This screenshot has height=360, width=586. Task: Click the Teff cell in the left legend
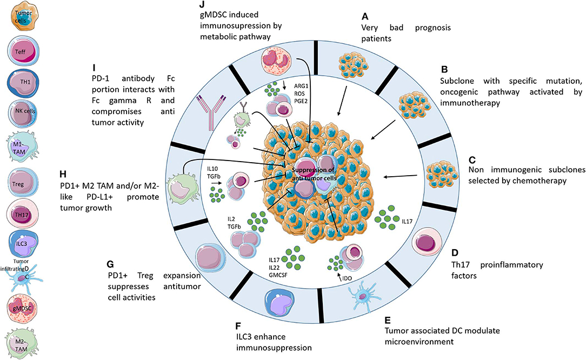click(x=23, y=51)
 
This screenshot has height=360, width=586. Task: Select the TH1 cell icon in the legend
click(x=23, y=81)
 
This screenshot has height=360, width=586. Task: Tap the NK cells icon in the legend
click(x=23, y=111)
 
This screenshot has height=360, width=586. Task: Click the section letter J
click(x=202, y=4)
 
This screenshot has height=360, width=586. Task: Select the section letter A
click(x=365, y=16)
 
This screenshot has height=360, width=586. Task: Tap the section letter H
click(x=63, y=174)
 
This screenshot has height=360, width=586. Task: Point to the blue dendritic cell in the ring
click(x=362, y=295)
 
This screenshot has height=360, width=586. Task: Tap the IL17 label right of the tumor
click(x=407, y=221)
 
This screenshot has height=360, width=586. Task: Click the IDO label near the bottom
click(x=347, y=278)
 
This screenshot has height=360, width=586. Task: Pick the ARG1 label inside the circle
click(x=301, y=86)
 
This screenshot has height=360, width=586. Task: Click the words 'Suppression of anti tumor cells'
click(x=313, y=174)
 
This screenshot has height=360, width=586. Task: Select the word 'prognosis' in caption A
click(x=433, y=28)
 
